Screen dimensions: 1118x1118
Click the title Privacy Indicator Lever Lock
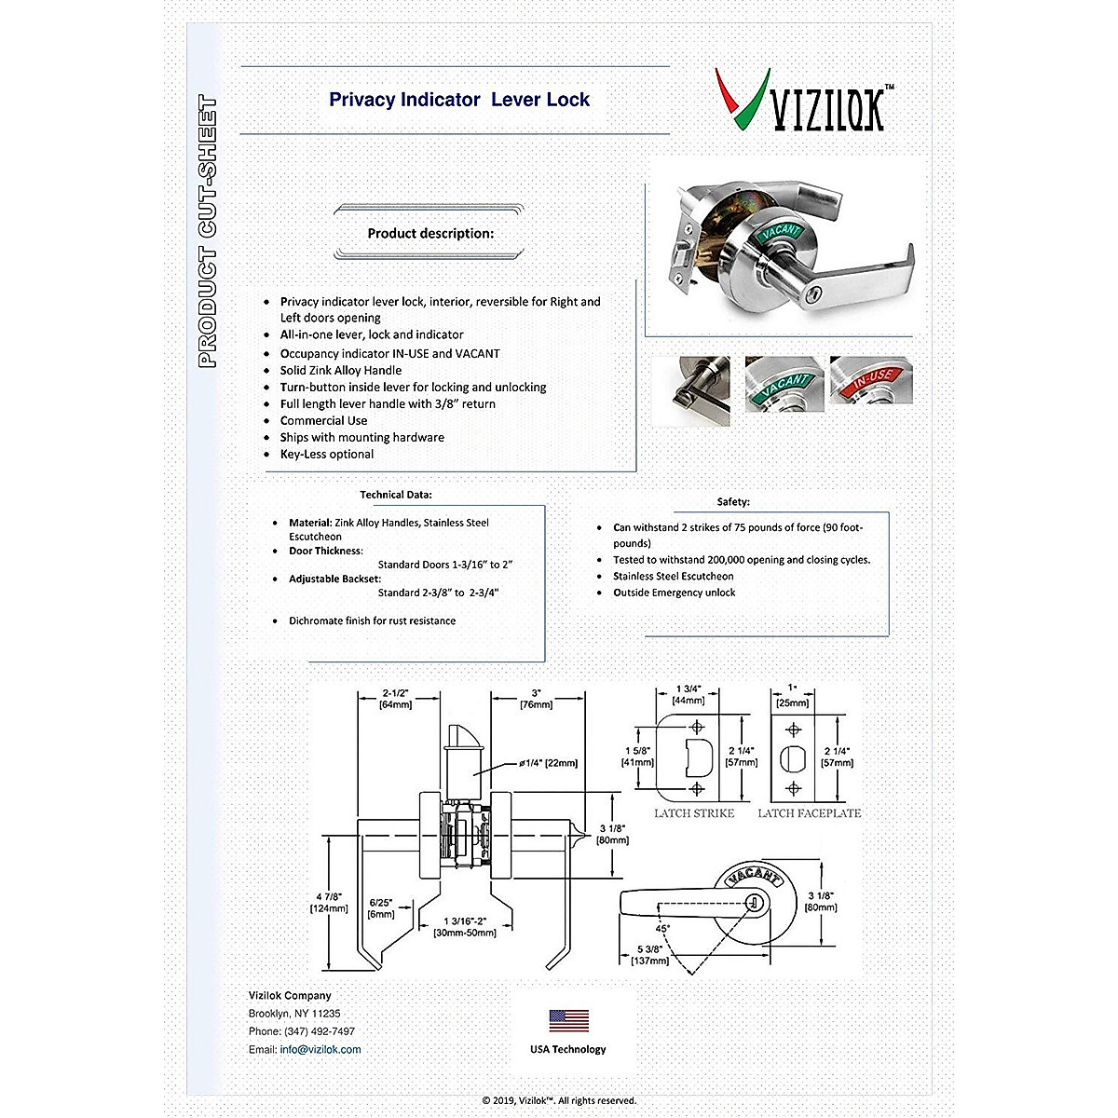click(459, 100)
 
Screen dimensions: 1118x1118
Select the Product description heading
click(430, 233)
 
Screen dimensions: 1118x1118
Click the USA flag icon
click(568, 1020)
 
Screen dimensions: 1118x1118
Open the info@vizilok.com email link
click(320, 1049)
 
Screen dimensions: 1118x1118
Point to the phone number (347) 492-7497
click(318, 1031)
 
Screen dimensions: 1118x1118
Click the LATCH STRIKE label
click(694, 813)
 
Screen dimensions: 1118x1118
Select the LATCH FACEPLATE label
click(809, 813)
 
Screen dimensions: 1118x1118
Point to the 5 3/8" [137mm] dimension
click(649, 954)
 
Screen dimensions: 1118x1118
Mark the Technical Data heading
click(396, 495)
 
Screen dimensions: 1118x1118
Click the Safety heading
click(733, 502)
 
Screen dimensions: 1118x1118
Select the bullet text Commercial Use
click(323, 420)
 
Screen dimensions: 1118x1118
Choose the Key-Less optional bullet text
click(326, 454)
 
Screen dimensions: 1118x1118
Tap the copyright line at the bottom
click(559, 1100)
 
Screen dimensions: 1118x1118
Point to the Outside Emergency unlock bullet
click(674, 593)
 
